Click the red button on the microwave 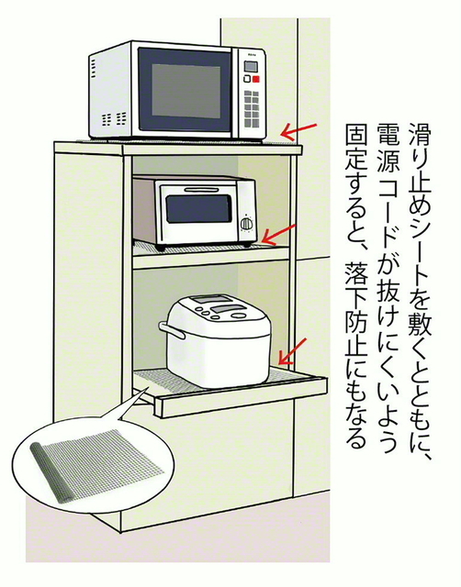pyautogui.click(x=256, y=79)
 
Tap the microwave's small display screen pyautogui.click(x=251, y=67)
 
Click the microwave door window pyautogui.click(x=186, y=91)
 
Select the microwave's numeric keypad pyautogui.click(x=251, y=108)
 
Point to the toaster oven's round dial pyautogui.click(x=247, y=224)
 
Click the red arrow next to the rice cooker pyautogui.click(x=293, y=351)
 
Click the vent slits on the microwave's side pyautogui.click(x=94, y=69)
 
